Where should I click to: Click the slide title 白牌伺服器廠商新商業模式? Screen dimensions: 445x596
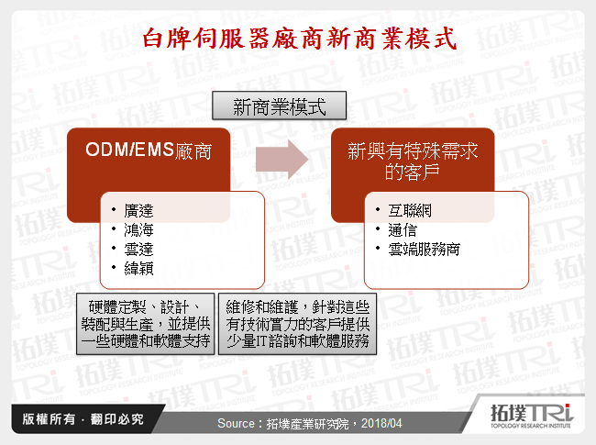click(x=298, y=39)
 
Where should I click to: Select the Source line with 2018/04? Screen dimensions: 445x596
click(x=298, y=423)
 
